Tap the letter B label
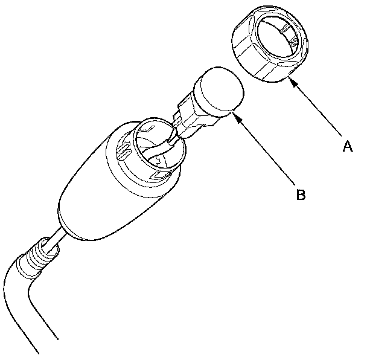point(300,194)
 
